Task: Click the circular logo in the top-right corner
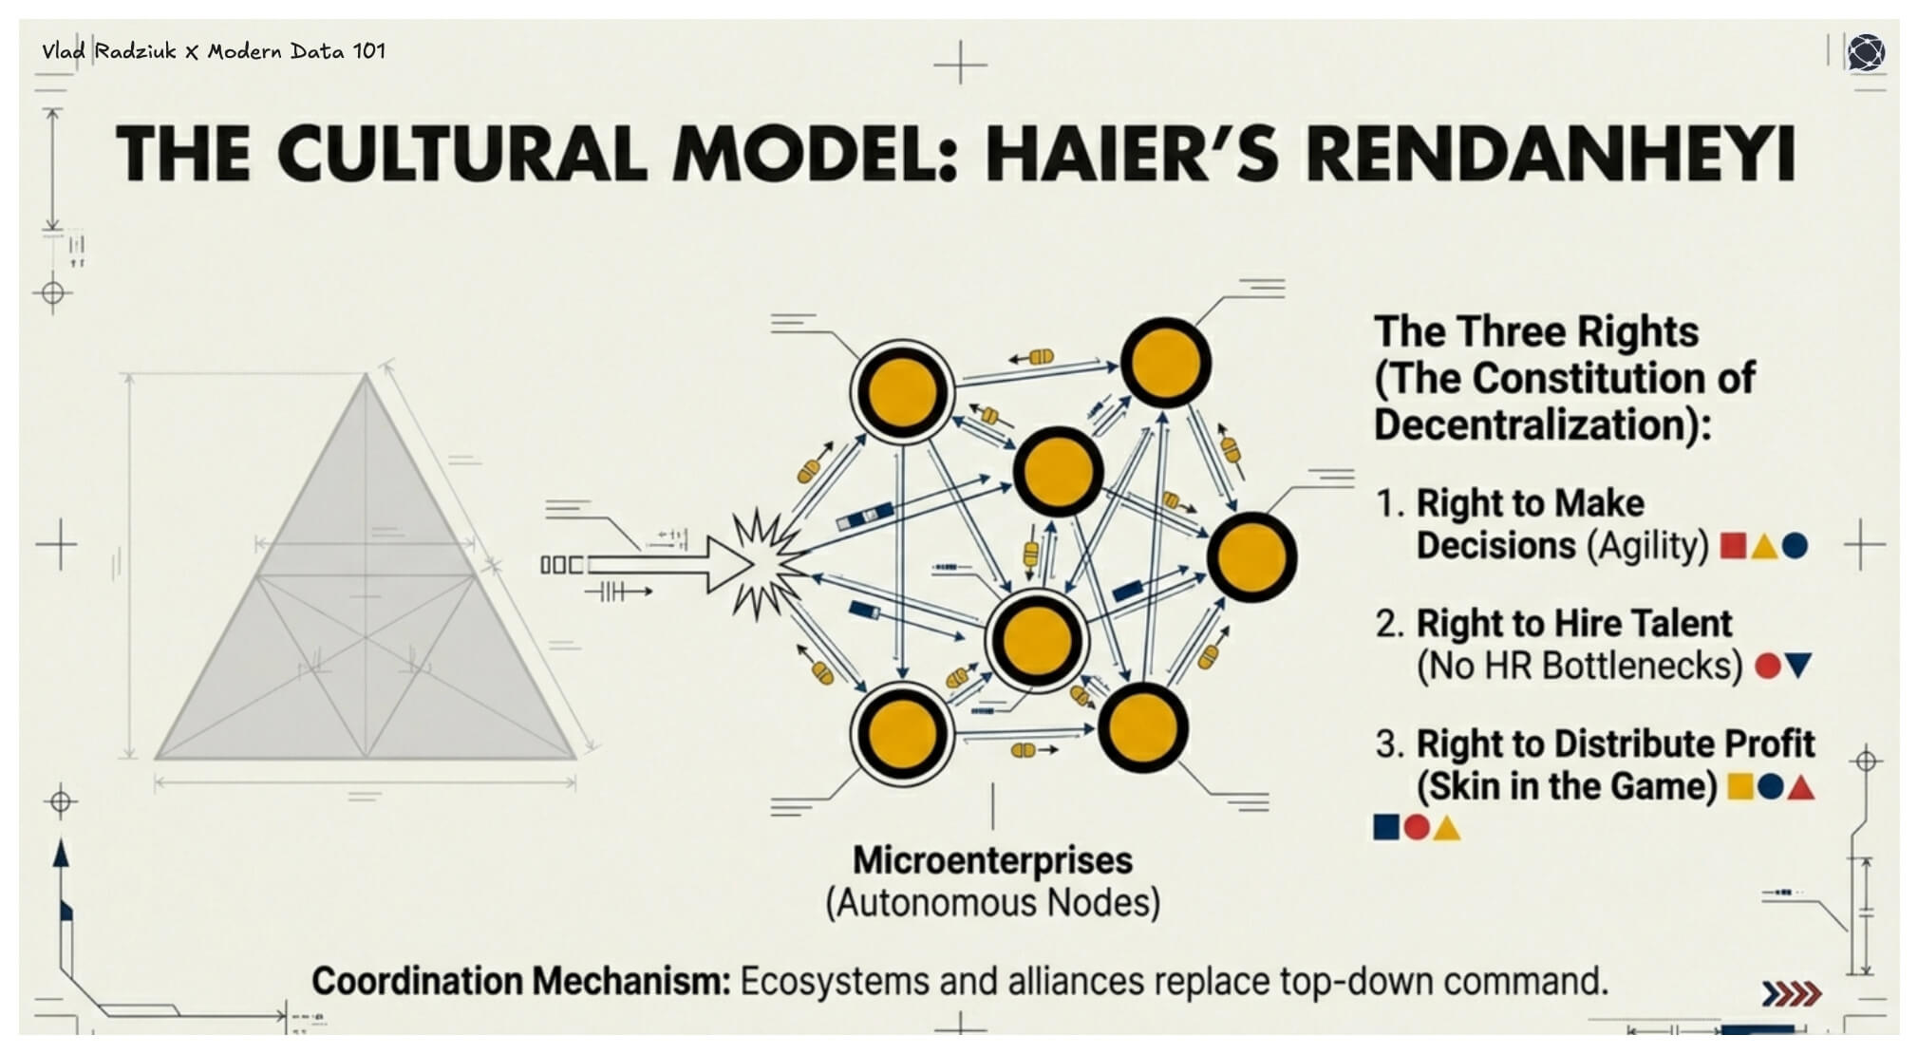point(1866,52)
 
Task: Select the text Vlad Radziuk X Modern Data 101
point(214,51)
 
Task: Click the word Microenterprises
point(992,860)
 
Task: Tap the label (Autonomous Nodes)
point(992,903)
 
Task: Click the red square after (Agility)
point(1734,546)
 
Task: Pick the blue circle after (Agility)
point(1795,546)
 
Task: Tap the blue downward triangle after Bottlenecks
point(1799,666)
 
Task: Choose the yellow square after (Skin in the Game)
point(1739,786)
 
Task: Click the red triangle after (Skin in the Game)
point(1801,787)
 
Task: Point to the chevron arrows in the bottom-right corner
point(1792,994)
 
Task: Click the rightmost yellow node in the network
point(1252,557)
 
